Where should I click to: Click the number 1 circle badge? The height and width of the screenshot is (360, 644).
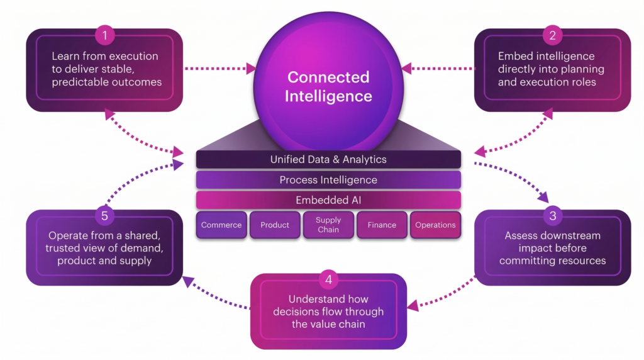(x=104, y=35)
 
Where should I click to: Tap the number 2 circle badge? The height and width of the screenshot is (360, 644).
(x=552, y=35)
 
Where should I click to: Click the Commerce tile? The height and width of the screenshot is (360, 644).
(x=221, y=225)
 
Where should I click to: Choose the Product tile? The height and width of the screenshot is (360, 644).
(x=274, y=225)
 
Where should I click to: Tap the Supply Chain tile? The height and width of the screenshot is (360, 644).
(x=328, y=225)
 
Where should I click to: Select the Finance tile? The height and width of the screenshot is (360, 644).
(x=382, y=225)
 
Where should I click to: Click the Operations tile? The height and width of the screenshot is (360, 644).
(x=435, y=225)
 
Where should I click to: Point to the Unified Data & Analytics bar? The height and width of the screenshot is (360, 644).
(x=328, y=159)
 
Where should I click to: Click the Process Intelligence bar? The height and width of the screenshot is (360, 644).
(x=328, y=180)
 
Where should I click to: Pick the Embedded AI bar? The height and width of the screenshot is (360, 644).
(x=328, y=200)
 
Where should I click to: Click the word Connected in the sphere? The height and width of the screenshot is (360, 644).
(x=328, y=77)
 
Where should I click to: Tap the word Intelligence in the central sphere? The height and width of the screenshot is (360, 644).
(x=328, y=96)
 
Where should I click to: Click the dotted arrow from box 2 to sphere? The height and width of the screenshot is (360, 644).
(x=438, y=67)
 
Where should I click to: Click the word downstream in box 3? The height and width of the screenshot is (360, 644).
(x=569, y=235)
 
